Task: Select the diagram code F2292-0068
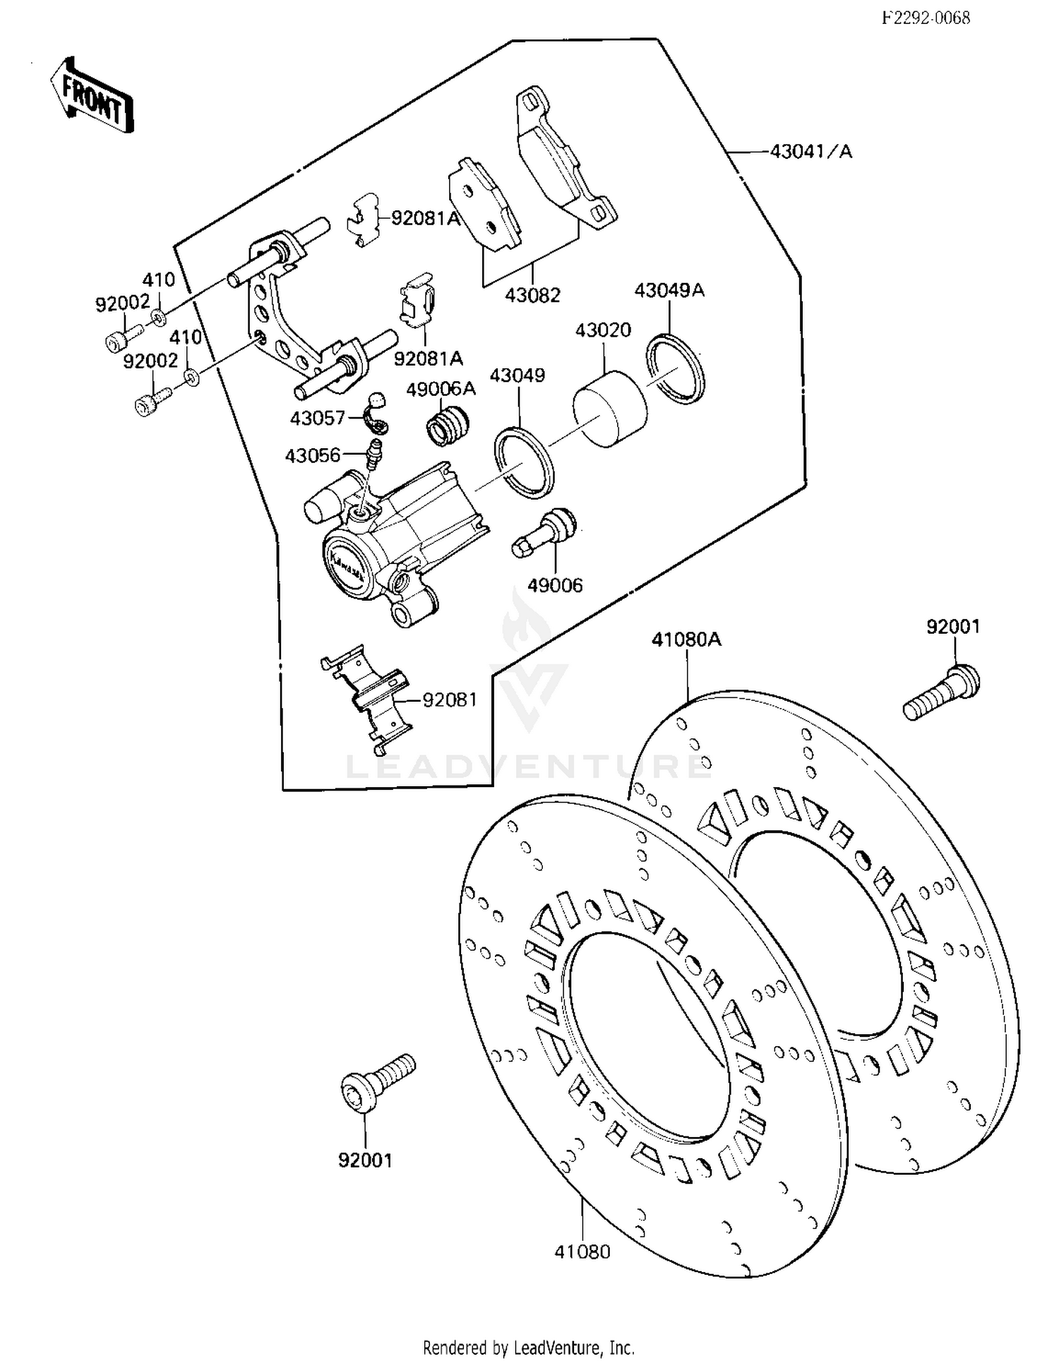coord(926,18)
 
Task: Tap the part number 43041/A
coord(810,151)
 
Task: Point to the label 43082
coord(532,295)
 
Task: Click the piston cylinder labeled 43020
coord(609,409)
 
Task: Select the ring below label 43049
coord(524,463)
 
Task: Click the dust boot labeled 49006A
coord(448,425)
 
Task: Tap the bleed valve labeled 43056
coord(374,453)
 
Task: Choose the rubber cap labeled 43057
coord(377,414)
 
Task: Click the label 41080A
coord(686,640)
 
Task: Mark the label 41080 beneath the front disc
coord(582,1251)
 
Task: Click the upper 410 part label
coord(159,280)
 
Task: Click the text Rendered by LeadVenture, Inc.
coord(529,1347)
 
